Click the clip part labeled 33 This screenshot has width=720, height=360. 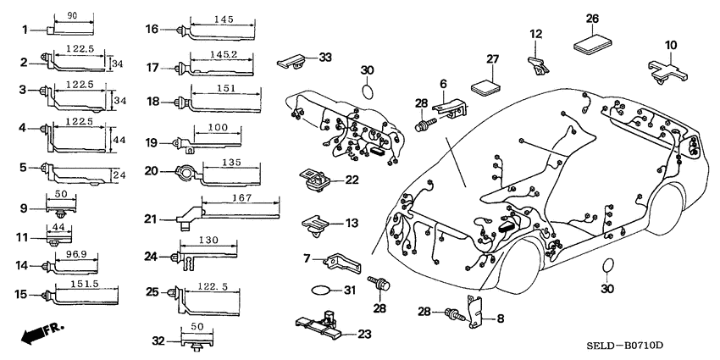tap(293, 60)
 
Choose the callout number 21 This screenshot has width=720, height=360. tap(152, 220)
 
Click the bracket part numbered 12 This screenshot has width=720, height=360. tap(537, 64)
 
